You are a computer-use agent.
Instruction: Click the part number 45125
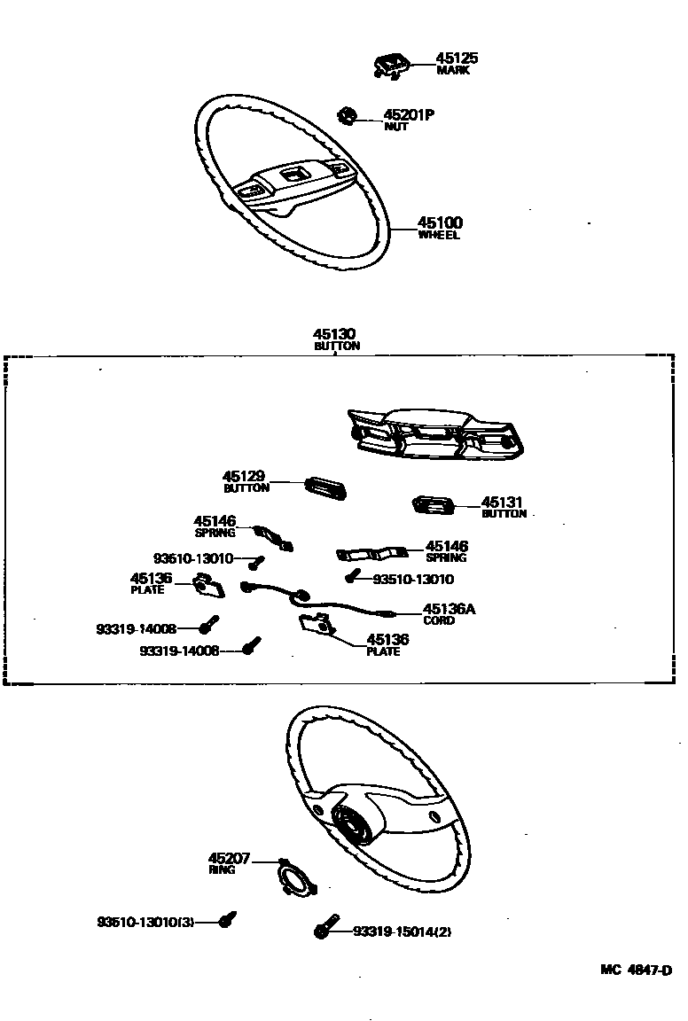pos(457,58)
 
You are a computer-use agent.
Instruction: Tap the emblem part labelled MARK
pos(390,65)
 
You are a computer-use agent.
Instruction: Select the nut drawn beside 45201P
pos(347,114)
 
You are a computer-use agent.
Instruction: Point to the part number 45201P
pos(408,115)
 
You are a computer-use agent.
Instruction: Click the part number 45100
pos(441,223)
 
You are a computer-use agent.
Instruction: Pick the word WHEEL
pos(440,236)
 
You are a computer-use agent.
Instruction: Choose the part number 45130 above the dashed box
pos(336,334)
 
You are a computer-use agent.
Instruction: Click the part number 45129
pos(244,477)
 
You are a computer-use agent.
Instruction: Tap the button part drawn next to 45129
pos(324,487)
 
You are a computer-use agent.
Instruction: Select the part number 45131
pos(504,502)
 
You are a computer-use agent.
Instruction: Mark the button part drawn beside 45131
pos(433,505)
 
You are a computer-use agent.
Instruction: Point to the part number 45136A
pos(449,609)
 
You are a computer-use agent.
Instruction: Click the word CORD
pos(439,620)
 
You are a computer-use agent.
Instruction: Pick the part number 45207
pos(230,859)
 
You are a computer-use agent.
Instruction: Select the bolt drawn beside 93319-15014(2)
pos(326,927)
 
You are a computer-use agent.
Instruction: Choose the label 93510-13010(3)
pos(145,923)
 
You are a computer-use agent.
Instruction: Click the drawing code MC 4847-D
pos(636,970)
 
